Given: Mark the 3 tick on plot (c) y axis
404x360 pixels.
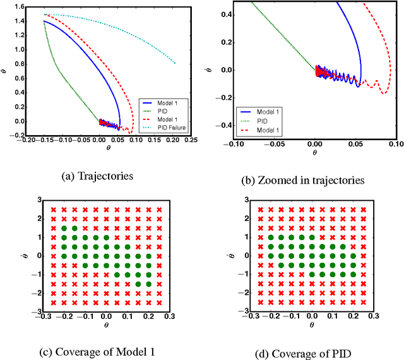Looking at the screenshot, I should pyautogui.click(x=39, y=200).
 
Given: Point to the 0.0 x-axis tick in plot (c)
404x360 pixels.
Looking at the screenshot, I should pyautogui.click(x=106, y=316).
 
